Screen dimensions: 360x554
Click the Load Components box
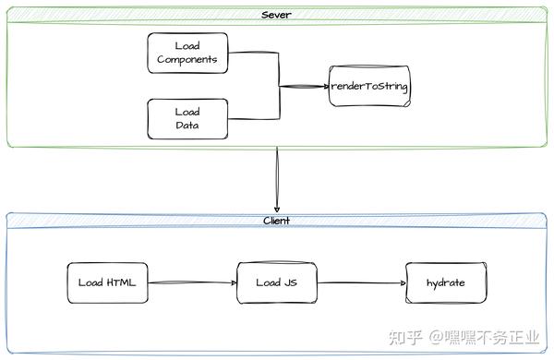[187, 53]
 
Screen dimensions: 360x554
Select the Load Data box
[187, 119]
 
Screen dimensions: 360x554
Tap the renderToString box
[369, 87]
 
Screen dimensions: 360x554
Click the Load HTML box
[107, 282]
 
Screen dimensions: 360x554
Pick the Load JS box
[276, 282]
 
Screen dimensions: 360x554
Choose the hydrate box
[445, 282]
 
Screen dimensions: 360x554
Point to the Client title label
[277, 221]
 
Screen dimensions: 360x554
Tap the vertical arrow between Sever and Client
[277, 180]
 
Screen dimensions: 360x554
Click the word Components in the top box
[187, 60]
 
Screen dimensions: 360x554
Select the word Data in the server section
[187, 126]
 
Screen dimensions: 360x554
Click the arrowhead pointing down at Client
[277, 208]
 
